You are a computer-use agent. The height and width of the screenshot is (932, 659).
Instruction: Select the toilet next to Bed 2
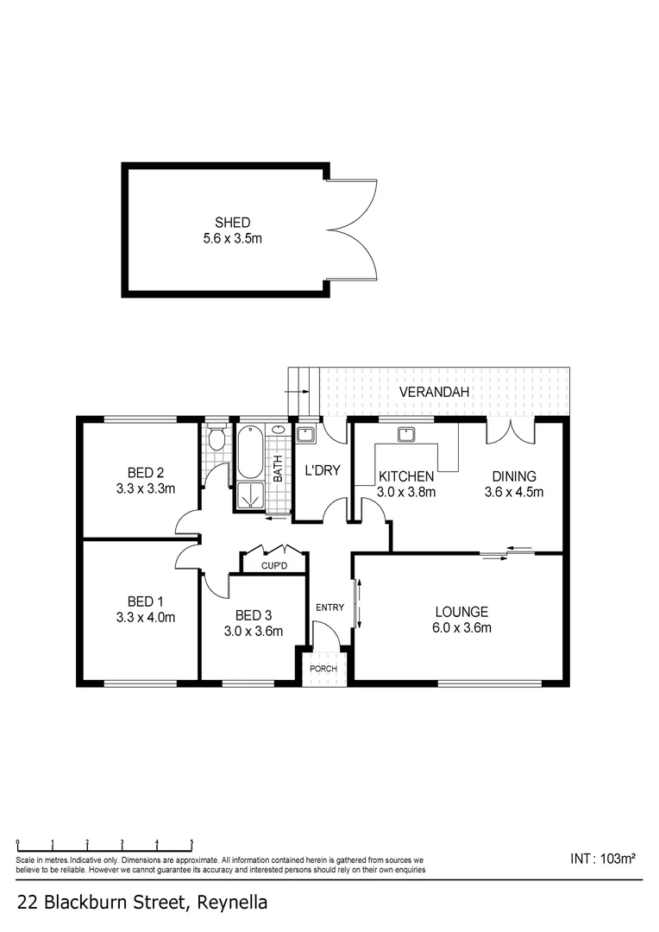[217, 439]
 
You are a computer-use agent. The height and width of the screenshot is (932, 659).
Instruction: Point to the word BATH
[279, 469]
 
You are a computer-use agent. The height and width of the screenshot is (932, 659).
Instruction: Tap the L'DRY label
[323, 471]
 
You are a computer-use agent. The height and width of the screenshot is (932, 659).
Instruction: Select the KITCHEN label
[405, 476]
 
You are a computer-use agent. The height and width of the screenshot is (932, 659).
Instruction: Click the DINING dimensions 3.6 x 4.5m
[514, 492]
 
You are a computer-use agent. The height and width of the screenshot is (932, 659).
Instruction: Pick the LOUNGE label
[461, 612]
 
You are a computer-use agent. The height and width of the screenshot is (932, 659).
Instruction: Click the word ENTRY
[329, 608]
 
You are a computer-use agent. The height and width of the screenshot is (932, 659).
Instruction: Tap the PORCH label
[324, 668]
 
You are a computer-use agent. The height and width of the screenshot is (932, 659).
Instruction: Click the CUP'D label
[272, 566]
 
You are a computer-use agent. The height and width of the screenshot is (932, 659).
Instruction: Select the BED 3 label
[254, 615]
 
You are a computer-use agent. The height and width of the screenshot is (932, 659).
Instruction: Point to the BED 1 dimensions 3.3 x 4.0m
[146, 617]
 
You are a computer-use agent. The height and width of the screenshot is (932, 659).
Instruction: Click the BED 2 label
[146, 472]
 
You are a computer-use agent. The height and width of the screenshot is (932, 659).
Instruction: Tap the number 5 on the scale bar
[191, 842]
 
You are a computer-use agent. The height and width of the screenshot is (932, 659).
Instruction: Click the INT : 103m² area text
[603, 859]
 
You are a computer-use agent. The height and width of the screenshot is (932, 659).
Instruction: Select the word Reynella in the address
[231, 904]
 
